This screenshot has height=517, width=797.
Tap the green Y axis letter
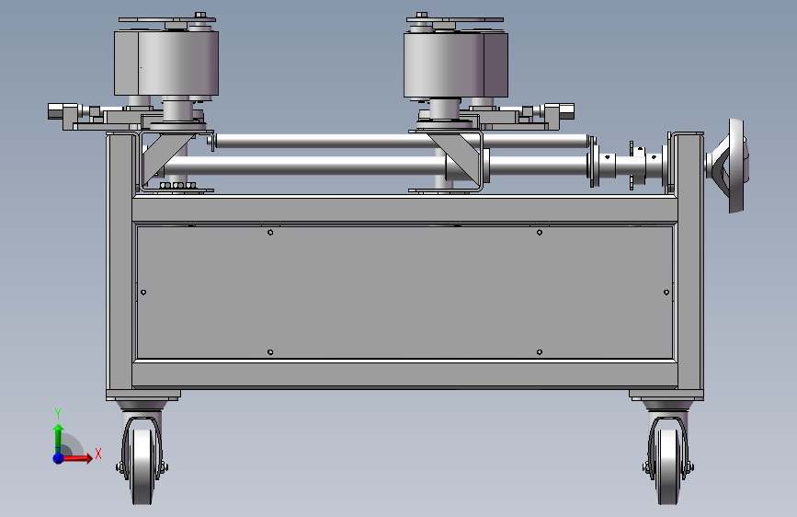click(58, 414)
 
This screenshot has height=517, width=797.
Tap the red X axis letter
click(98, 454)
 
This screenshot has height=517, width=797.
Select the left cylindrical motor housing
click(166, 63)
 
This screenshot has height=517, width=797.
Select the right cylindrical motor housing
click(456, 64)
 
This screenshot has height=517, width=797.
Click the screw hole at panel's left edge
click(143, 293)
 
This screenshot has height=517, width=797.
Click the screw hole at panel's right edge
click(666, 293)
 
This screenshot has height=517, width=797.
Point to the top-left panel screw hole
click(270, 233)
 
